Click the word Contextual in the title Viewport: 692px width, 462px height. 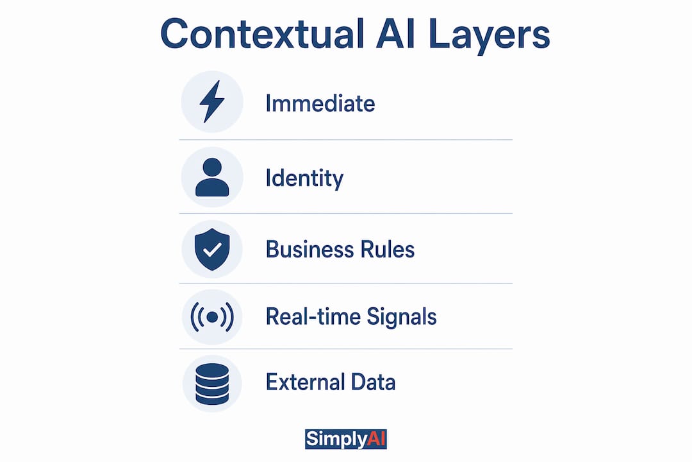(x=263, y=34)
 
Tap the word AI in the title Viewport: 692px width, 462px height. (x=395, y=34)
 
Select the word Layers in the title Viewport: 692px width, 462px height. (x=489, y=37)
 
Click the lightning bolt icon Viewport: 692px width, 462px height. (x=212, y=101)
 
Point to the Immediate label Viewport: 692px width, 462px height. (x=320, y=104)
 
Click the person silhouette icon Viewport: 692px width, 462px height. (x=212, y=177)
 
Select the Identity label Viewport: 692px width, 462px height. (x=304, y=179)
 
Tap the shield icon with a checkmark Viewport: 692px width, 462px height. (x=212, y=250)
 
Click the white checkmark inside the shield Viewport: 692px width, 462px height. (x=212, y=250)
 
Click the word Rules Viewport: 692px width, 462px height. (x=388, y=250)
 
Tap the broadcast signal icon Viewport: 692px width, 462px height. (x=212, y=317)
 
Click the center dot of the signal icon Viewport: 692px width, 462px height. (x=212, y=317)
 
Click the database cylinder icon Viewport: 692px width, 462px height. (x=212, y=384)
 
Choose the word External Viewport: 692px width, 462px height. (x=305, y=382)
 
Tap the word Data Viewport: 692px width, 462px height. (x=374, y=382)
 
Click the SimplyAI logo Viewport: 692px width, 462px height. (x=346, y=440)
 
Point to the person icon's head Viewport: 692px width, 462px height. (x=212, y=167)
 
